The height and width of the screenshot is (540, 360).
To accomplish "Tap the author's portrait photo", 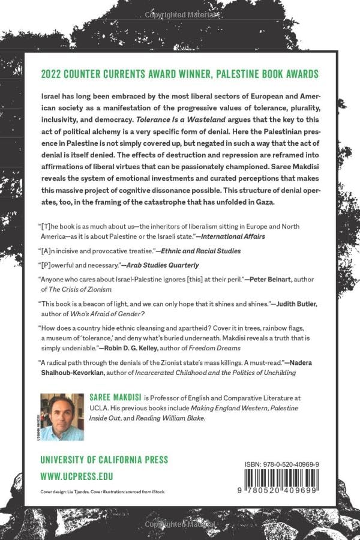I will click(x=62, y=416).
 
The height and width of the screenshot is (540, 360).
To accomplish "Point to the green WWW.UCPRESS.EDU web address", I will click(x=77, y=476).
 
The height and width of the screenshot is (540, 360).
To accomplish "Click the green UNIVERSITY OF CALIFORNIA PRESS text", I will click(x=104, y=460).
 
